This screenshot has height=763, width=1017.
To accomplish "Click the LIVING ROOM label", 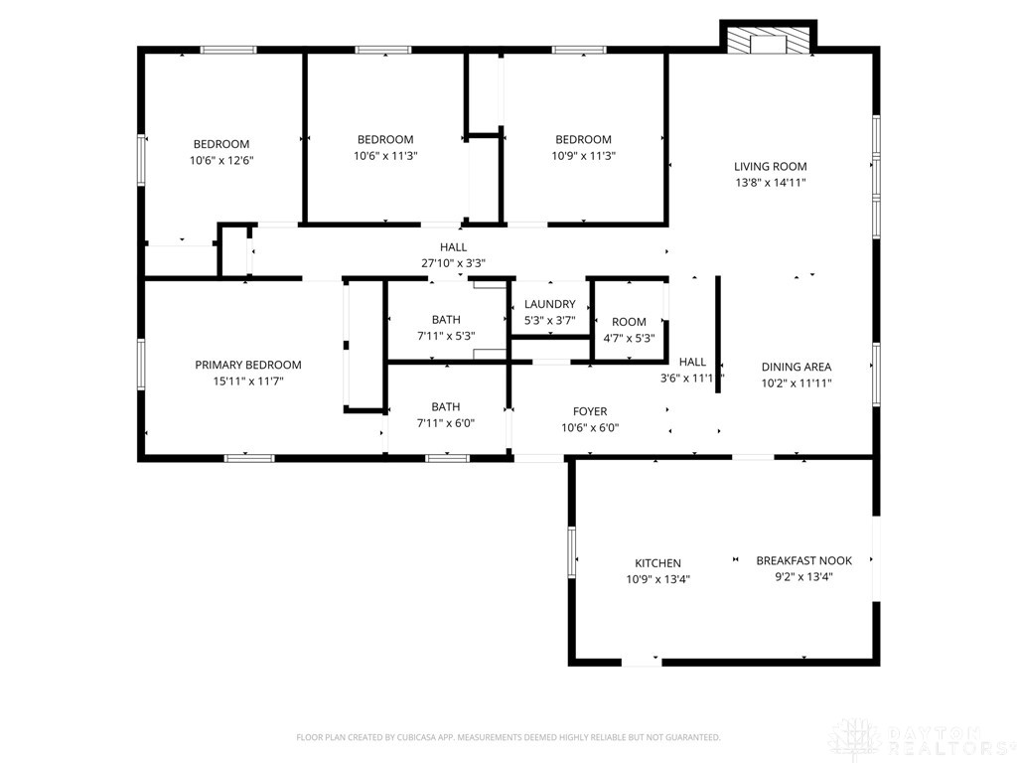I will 770,167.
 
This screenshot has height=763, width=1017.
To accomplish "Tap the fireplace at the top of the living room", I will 767,41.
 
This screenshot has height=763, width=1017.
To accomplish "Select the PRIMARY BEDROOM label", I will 247,365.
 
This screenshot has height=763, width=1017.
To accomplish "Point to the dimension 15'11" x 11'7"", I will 247,381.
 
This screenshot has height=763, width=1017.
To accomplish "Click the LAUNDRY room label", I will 549,304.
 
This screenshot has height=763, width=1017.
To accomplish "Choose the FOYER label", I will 590,411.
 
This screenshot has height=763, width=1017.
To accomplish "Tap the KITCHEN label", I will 657,563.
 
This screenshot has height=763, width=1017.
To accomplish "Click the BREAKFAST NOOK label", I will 803,560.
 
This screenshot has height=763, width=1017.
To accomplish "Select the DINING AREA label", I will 796,367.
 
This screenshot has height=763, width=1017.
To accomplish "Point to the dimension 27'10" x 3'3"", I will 453,263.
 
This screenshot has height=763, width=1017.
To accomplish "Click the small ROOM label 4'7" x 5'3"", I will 629,322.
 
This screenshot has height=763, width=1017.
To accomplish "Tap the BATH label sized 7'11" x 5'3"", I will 446,320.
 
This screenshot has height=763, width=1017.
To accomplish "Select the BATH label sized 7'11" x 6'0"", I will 446,406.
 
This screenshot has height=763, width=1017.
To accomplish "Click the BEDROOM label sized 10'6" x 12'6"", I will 221,144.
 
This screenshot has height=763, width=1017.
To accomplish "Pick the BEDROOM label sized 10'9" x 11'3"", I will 583,139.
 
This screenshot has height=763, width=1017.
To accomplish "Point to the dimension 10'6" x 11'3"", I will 385,155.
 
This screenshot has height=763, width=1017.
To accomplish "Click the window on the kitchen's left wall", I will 572,552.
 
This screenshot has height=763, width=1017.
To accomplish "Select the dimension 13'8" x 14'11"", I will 770,183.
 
